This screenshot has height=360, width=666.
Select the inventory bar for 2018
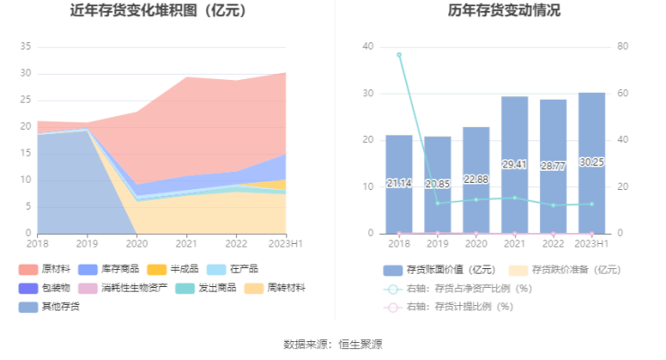pyautogui.click(x=399, y=184)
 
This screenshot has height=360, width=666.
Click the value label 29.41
pyautogui.click(x=515, y=166)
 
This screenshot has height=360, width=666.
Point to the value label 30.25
pyautogui.click(x=591, y=162)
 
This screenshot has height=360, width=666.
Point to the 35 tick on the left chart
pyautogui.click(x=26, y=46)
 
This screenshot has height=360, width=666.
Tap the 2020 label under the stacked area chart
pyautogui.click(x=137, y=243)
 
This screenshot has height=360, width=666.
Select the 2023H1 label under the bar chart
pyautogui.click(x=591, y=243)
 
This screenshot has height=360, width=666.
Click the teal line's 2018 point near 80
pyautogui.click(x=399, y=54)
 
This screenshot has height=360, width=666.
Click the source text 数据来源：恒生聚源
pyautogui.click(x=333, y=344)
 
